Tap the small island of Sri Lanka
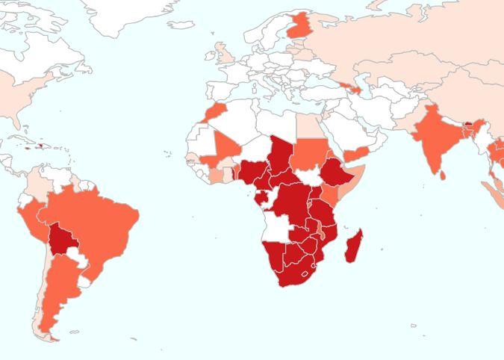coord(443,175)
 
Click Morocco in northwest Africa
coord(214,113)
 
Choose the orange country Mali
coord(223,149)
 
